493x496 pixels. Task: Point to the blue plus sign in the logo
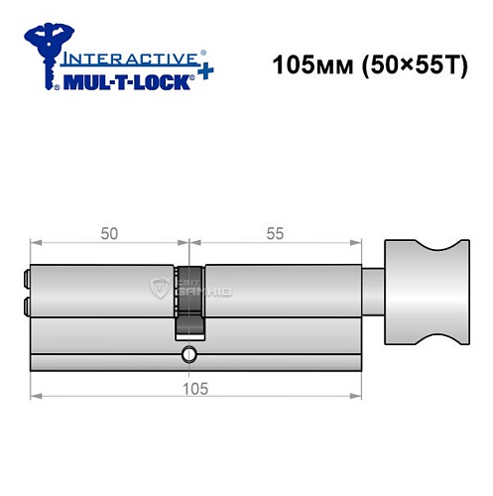204,75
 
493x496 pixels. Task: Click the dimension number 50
109,233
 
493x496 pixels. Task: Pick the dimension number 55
274,233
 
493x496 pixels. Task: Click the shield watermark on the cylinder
159,290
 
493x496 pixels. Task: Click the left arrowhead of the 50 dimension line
36,242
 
